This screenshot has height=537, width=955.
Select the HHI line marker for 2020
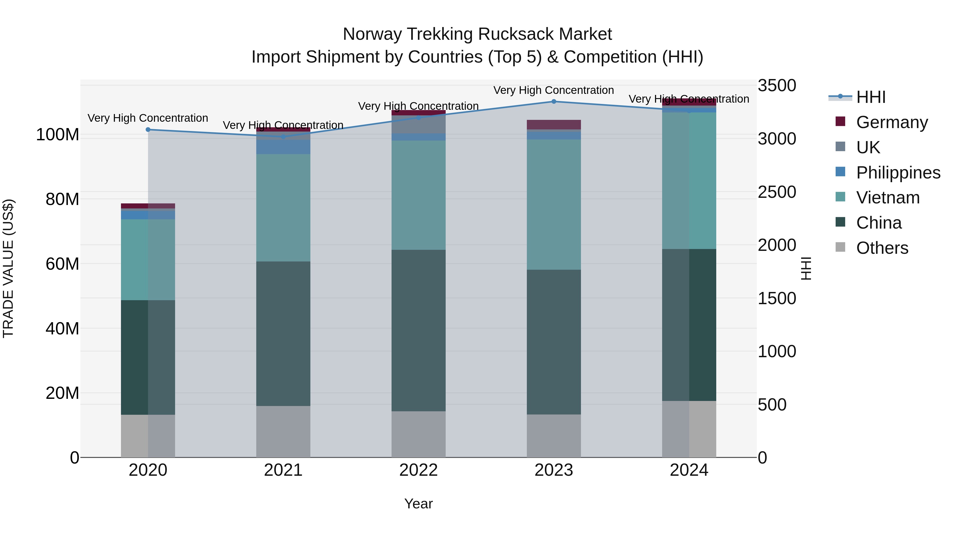point(148,130)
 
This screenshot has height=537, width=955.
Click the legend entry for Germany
point(892,122)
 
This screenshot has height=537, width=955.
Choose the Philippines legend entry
point(898,173)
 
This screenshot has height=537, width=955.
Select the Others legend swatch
point(840,247)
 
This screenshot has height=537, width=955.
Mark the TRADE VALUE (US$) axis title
point(8,268)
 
